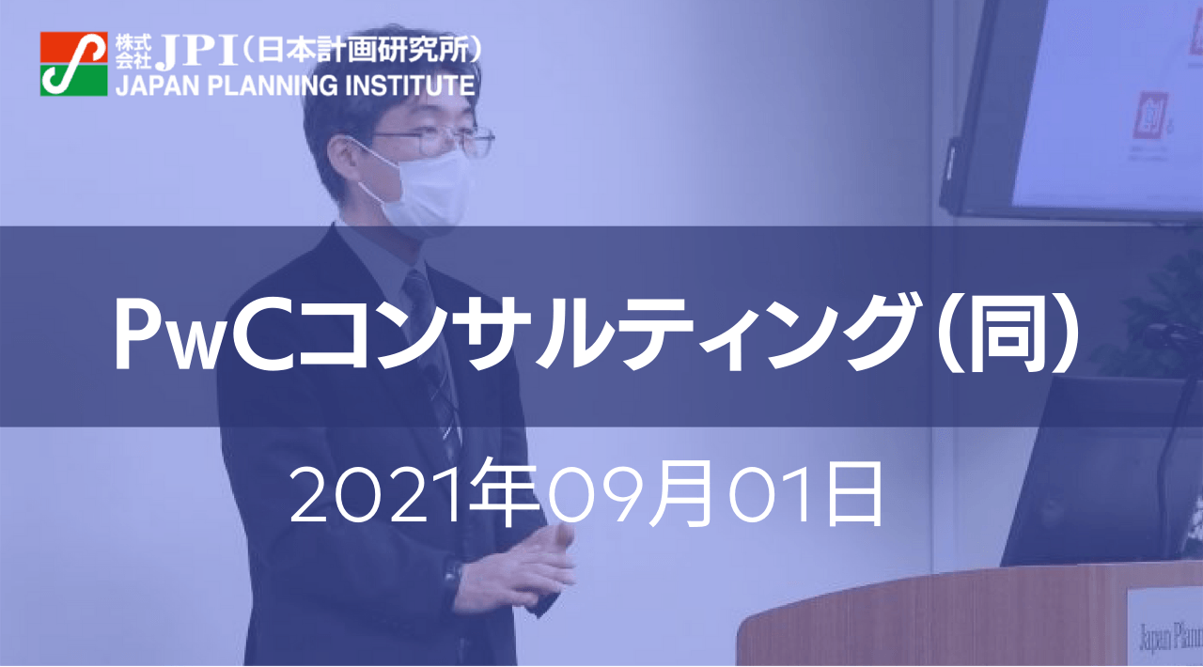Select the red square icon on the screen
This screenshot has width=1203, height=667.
[1149, 112]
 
